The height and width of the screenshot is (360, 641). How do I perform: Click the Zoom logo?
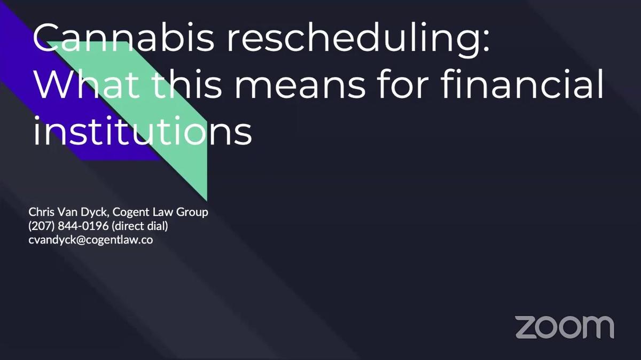coord(565,327)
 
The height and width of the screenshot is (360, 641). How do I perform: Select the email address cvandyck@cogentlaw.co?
coord(91,240)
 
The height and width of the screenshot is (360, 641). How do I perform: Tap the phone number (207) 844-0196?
coord(68,226)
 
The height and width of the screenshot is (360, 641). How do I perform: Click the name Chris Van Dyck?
coord(66,212)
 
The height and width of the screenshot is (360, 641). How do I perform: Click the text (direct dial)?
coord(139,226)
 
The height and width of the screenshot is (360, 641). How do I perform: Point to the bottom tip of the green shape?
coord(206,200)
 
